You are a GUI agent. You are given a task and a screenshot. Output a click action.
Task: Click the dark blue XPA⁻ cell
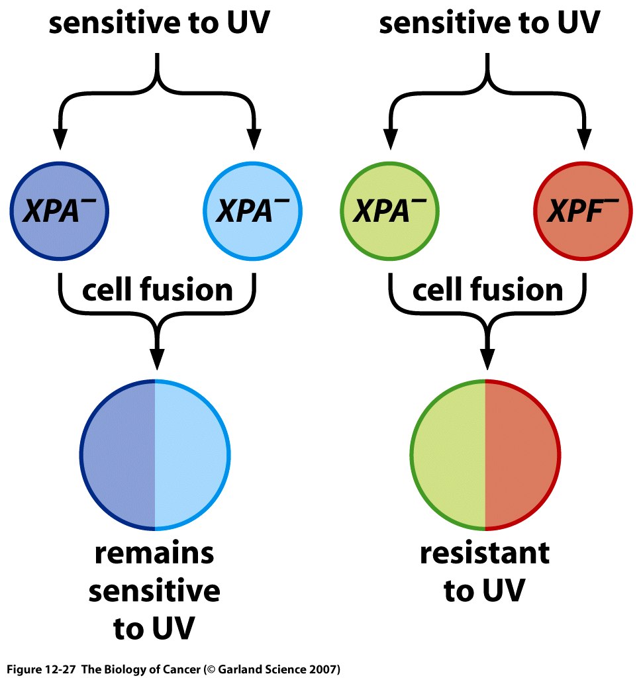click(x=59, y=212)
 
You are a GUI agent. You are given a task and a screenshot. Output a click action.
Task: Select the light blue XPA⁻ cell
click(x=253, y=212)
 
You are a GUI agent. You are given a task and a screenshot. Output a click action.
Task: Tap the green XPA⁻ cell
click(x=389, y=212)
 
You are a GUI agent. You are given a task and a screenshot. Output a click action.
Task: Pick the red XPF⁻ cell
click(x=583, y=212)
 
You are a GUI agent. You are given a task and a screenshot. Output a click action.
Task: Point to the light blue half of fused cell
click(x=192, y=455)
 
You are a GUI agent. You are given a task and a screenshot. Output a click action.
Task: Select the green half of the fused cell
click(x=449, y=455)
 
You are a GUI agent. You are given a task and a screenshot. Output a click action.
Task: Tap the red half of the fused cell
click(x=523, y=455)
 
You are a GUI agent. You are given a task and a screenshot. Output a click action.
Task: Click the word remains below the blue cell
click(x=154, y=554)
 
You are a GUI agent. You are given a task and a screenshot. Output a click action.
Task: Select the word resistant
click(x=485, y=554)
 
